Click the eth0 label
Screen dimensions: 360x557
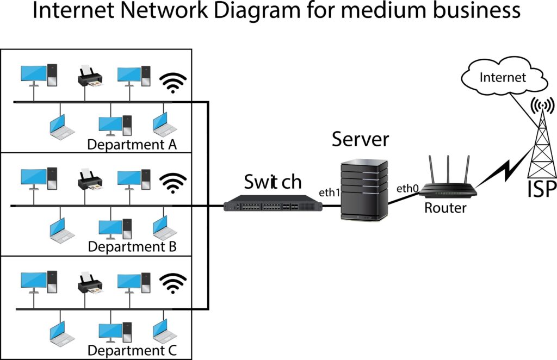coord(407,189)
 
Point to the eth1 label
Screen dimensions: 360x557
coord(329,193)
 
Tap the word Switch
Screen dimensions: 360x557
coord(273,181)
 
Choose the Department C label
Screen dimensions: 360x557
coord(132,349)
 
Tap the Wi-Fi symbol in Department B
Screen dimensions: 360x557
coord(172,183)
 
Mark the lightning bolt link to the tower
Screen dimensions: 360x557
coord(503,171)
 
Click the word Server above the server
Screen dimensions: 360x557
coord(361,139)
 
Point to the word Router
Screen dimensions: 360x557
coord(445,207)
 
